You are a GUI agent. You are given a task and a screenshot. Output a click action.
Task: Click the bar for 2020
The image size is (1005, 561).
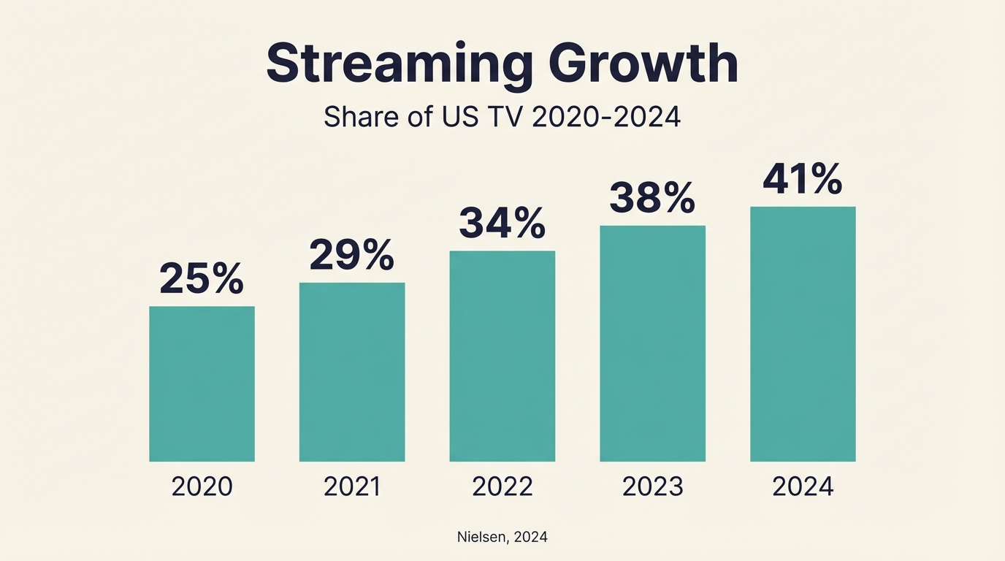pyautogui.click(x=202, y=383)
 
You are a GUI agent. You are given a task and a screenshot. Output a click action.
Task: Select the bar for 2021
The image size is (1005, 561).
pyautogui.click(x=352, y=372)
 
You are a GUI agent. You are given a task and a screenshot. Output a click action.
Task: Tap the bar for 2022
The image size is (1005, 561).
pyautogui.click(x=502, y=356)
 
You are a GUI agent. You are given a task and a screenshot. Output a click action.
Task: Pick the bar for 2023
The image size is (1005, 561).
pyautogui.click(x=653, y=343)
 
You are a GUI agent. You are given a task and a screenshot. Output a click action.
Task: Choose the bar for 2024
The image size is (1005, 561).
pyautogui.click(x=803, y=334)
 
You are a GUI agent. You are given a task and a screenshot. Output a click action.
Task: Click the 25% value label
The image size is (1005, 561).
pyautogui.click(x=202, y=279)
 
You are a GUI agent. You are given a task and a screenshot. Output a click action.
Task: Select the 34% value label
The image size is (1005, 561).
pyautogui.click(x=502, y=224)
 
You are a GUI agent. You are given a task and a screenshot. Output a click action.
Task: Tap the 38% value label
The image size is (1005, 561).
pyautogui.click(x=652, y=198)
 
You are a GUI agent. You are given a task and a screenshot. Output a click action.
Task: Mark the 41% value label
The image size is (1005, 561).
pyautogui.click(x=802, y=180)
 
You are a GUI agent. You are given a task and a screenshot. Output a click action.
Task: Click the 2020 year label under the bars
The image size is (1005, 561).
pyautogui.click(x=202, y=486)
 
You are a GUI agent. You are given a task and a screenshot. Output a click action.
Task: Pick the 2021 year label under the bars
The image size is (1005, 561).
pyautogui.click(x=352, y=486)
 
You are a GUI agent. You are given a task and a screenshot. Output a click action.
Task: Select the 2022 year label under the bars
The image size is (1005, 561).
pyautogui.click(x=502, y=486)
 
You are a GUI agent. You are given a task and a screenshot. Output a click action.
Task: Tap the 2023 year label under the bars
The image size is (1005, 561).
pyautogui.click(x=653, y=486)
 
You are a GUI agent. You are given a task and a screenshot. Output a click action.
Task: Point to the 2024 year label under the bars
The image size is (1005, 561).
pyautogui.click(x=803, y=486)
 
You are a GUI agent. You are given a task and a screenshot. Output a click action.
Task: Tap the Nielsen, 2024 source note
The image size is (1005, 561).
pyautogui.click(x=502, y=537)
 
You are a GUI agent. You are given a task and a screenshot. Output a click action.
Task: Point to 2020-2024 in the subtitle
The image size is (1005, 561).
pyautogui.click(x=606, y=117)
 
